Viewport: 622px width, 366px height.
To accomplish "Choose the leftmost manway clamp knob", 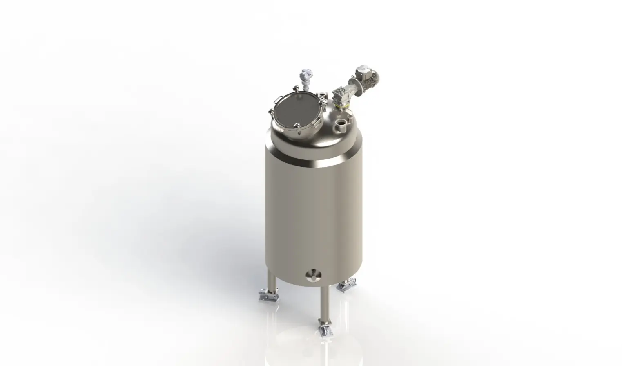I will [270, 114].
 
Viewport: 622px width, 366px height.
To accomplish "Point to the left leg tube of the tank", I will [271, 280].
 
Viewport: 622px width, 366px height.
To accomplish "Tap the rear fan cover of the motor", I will [373, 76].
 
